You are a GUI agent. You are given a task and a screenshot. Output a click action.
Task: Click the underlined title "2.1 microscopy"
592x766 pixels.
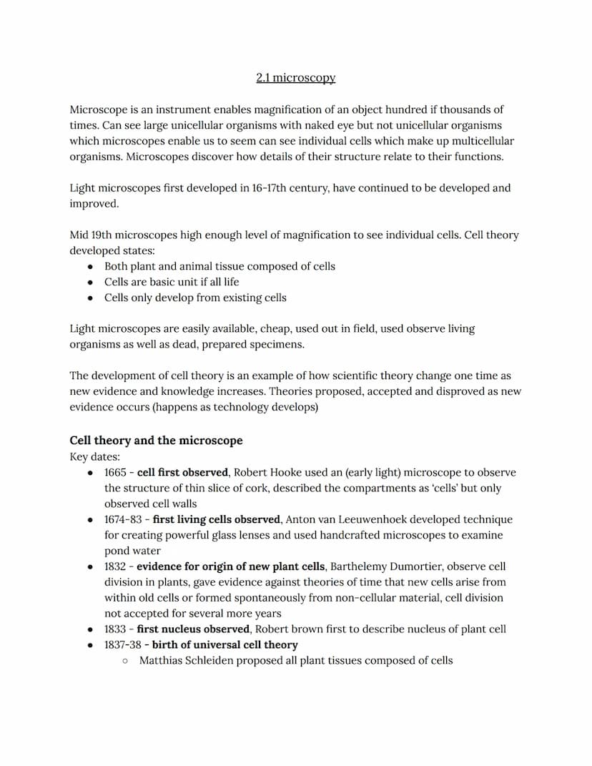pos(295,77)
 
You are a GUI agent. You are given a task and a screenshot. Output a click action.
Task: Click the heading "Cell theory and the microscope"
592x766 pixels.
pos(156,441)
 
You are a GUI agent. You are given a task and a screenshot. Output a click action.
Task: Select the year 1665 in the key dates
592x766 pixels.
pos(115,473)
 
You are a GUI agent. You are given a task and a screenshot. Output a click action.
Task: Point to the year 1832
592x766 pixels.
pos(115,566)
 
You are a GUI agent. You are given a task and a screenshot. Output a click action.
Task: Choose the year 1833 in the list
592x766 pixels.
pos(115,629)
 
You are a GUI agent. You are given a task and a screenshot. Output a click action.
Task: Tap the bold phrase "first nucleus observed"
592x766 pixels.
pos(193,629)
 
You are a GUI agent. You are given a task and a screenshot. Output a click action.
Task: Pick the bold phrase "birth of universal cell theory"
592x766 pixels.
pos(225,645)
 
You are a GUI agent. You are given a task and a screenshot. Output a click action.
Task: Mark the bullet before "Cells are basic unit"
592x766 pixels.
pos(89,282)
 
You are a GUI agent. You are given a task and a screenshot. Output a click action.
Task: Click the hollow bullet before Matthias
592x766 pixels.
pos(125,661)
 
